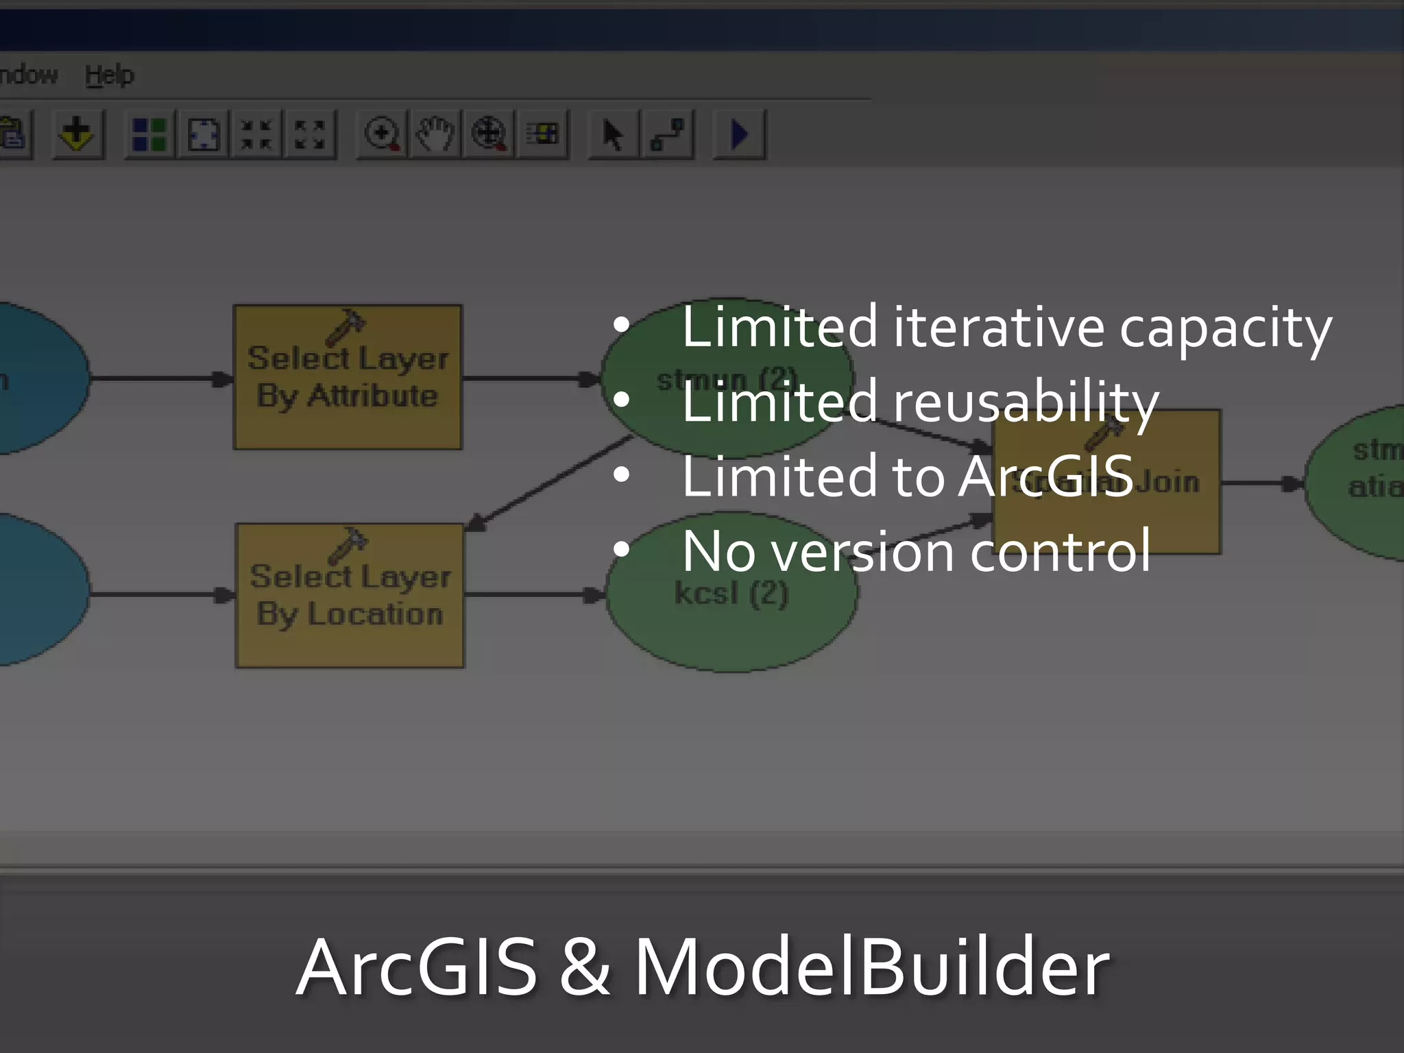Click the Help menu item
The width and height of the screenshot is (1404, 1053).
click(x=110, y=75)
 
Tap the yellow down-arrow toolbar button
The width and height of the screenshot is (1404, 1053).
click(x=77, y=134)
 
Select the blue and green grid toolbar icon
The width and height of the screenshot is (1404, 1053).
click(x=149, y=134)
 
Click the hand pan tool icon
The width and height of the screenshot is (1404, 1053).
click(x=435, y=134)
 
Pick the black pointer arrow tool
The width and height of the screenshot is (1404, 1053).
click(x=612, y=134)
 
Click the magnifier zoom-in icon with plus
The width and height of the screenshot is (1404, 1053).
click(x=382, y=134)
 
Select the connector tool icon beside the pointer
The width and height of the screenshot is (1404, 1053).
click(x=666, y=134)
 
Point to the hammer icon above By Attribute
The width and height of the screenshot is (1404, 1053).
click(x=346, y=326)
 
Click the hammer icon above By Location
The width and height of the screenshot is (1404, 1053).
click(x=348, y=545)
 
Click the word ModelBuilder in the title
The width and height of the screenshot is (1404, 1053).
click(x=871, y=967)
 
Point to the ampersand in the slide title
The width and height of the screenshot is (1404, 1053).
click(x=584, y=967)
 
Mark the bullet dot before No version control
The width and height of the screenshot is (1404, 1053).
click(x=622, y=549)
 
